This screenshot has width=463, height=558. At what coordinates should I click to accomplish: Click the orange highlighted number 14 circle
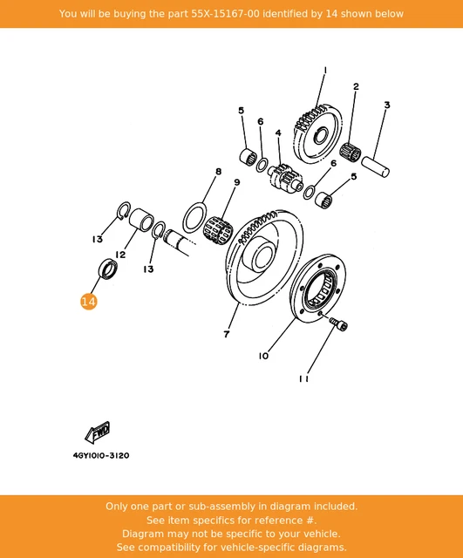[x=89, y=302]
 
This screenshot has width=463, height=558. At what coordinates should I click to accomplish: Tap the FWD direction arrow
[x=98, y=432]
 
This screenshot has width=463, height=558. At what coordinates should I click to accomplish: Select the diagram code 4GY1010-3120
[x=101, y=455]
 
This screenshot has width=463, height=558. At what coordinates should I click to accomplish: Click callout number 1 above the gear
[x=325, y=71]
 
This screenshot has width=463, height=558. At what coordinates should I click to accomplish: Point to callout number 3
[x=387, y=105]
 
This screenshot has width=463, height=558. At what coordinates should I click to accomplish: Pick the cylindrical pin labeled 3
[x=376, y=167]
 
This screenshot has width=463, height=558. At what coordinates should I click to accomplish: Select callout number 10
[x=263, y=356]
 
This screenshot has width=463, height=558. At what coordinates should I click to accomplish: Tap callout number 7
[x=227, y=334]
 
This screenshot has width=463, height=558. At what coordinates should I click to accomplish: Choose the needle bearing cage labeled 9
[x=218, y=228]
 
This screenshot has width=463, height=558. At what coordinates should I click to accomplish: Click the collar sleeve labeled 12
[x=141, y=220]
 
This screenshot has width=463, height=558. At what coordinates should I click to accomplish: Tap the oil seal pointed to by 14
[x=107, y=269]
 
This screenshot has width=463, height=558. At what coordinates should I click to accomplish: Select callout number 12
[x=120, y=255]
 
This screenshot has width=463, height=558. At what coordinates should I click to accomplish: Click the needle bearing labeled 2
[x=351, y=153]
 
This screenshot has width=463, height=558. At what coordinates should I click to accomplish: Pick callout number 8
[x=219, y=172]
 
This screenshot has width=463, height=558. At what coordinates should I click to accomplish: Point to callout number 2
[x=356, y=86]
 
